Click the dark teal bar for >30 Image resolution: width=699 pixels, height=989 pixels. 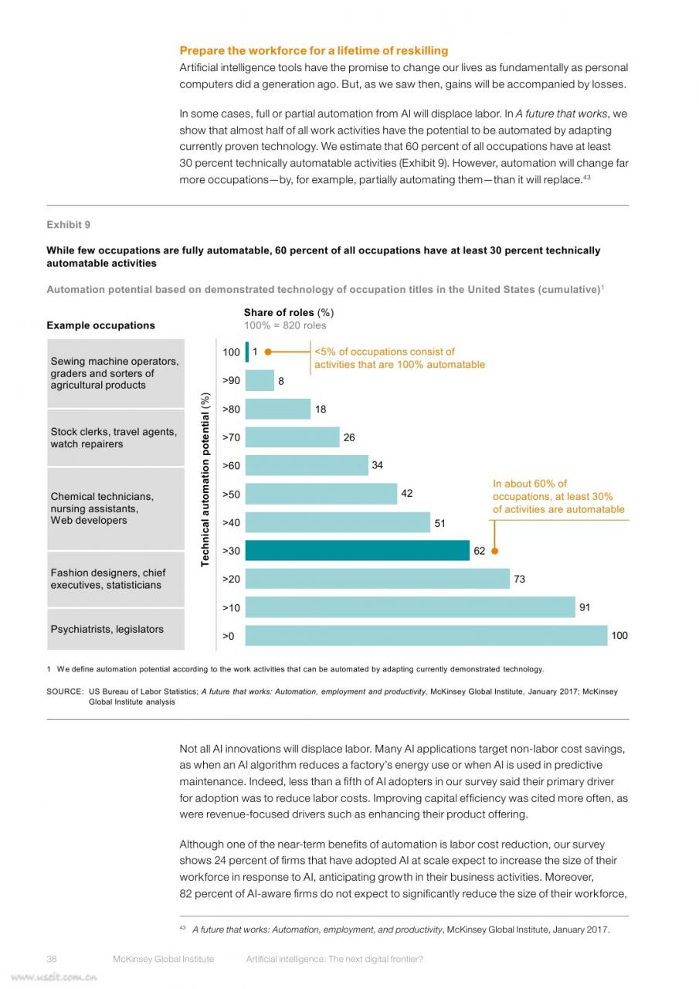[357, 550]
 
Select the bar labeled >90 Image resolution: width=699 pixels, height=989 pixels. [260, 380]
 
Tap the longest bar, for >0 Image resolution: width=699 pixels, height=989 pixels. [426, 635]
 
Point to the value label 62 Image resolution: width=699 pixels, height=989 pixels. [479, 551]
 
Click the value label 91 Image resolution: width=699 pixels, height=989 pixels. [585, 607]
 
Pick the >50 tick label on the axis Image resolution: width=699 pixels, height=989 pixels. [231, 494]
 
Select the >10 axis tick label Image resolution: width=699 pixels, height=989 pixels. [231, 607]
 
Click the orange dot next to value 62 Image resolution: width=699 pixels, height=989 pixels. [494, 551]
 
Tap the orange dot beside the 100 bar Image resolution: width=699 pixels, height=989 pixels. [268, 352]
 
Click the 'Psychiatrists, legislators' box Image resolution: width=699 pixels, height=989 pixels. [116, 629]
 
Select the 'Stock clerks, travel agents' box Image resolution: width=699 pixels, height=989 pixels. [116, 437]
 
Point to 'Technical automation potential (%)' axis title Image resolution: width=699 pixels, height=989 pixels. [205, 480]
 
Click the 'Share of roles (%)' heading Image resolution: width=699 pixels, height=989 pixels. [289, 313]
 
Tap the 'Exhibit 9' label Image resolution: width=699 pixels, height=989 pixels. [69, 225]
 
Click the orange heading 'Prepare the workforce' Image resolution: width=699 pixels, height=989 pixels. [314, 51]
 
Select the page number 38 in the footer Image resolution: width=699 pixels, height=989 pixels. [52, 959]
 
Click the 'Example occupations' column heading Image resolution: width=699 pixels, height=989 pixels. [100, 325]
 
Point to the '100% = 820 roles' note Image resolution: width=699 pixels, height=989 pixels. [285, 325]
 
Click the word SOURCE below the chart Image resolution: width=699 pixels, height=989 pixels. [65, 692]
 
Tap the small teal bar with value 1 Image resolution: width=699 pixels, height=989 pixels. [247, 352]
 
